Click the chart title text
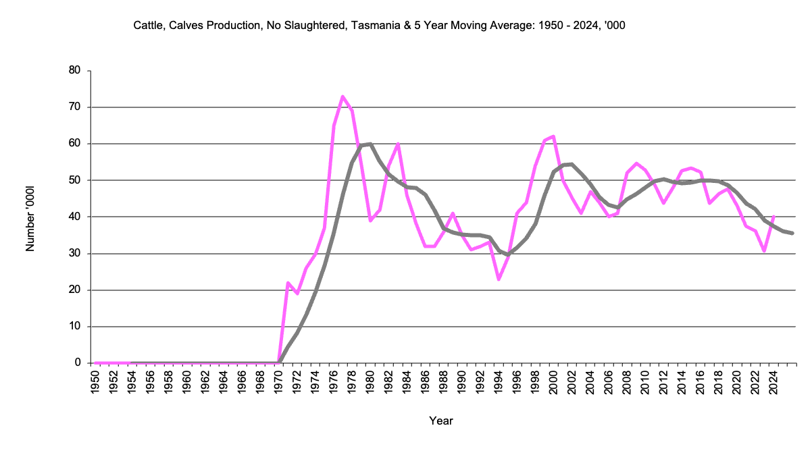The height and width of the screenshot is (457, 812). [x=383, y=25]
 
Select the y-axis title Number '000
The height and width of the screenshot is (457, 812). [x=30, y=217]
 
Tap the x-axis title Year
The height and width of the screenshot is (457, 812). [x=441, y=421]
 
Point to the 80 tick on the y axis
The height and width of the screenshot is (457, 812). [x=75, y=70]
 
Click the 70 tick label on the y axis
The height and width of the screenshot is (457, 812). [x=75, y=107]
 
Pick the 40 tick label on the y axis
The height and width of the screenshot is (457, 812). [x=75, y=217]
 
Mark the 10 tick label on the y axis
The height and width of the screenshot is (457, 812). [x=75, y=326]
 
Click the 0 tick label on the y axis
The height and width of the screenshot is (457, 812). [x=78, y=362]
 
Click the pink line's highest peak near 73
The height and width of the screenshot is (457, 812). [x=343, y=97]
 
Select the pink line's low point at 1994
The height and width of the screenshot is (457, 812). [x=499, y=279]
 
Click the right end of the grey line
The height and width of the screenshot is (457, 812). [x=793, y=233]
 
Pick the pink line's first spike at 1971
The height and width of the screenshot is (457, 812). [x=288, y=283]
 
